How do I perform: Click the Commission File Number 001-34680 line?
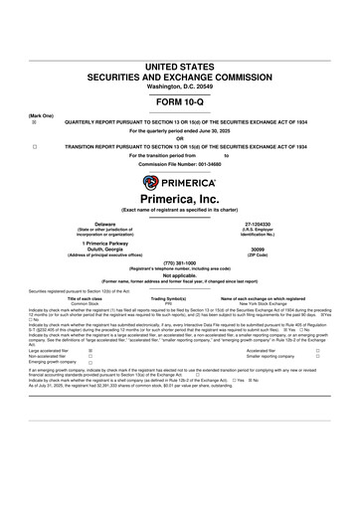pos(179,164)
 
